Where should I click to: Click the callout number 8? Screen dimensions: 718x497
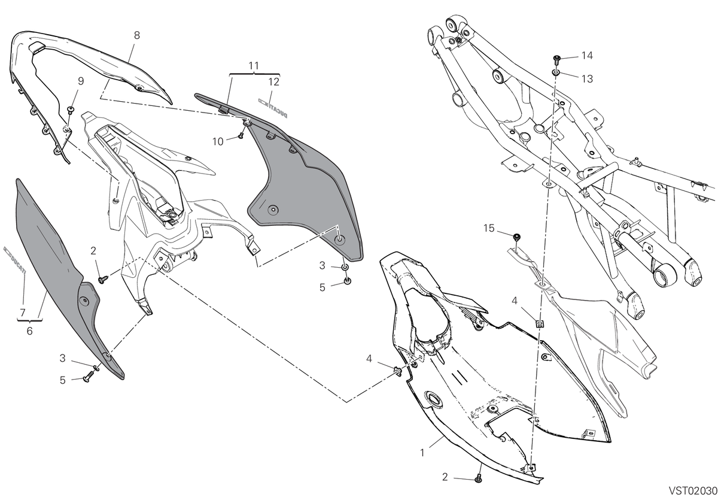coord(137,35)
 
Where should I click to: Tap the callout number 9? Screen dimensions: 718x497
coord(81,81)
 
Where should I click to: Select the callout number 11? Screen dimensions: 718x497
coord(254,66)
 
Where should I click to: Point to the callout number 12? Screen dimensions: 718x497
coord(274,82)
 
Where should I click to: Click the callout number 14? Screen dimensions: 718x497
coord(587,56)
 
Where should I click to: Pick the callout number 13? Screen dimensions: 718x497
coord(587,79)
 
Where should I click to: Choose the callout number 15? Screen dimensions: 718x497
coord(489,228)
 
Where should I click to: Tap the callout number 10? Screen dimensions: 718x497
coord(218,141)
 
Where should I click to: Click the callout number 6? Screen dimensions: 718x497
coord(29,331)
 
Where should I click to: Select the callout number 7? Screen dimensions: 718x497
coord(23,313)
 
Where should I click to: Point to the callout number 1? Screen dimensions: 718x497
coord(422,453)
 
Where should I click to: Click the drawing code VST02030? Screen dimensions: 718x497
coord(693,490)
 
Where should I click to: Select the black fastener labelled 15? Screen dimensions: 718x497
coord(516,237)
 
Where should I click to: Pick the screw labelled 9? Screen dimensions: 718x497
coord(70,110)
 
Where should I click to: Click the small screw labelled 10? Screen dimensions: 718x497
coord(240,137)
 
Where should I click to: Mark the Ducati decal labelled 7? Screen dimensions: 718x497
coord(14,260)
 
